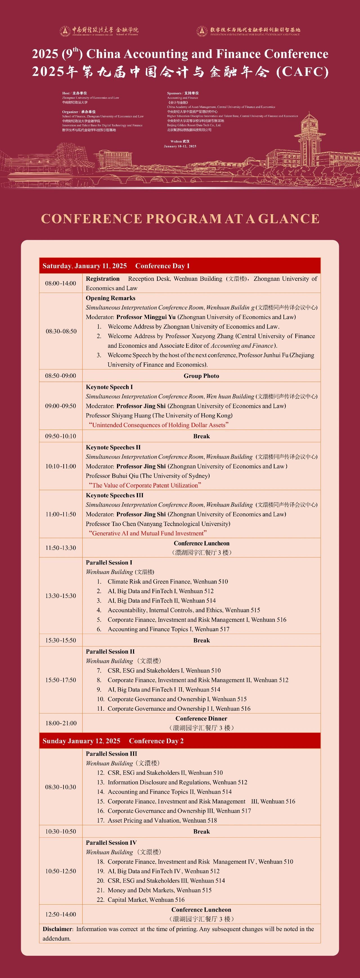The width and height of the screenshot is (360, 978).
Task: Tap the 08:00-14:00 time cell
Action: coord(61,283)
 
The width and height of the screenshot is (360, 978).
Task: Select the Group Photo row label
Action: coord(201,376)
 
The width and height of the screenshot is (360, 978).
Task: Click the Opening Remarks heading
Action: coord(111,298)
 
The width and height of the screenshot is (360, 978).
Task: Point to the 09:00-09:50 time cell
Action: coord(61,406)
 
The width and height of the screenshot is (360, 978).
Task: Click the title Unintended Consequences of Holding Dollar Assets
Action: coord(159,425)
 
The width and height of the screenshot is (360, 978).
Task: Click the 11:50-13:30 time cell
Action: coord(61,548)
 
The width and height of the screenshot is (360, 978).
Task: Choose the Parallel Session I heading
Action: coord(109,562)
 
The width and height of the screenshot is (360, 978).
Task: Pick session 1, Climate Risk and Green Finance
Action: coord(167,581)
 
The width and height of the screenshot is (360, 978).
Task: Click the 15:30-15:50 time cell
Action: coord(61,640)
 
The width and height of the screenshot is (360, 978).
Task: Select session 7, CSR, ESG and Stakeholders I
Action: coord(164,670)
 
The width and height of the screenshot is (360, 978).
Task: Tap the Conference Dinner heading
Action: coord(201,718)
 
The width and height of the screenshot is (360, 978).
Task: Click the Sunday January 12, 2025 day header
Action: coord(81,741)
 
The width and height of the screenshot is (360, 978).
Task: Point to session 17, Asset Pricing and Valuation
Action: coord(162,820)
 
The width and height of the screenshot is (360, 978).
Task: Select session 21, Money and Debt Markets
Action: coord(159,890)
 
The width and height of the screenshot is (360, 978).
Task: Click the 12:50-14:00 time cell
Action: coord(61,914)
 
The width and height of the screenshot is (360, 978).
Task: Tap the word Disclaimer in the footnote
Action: coord(57,929)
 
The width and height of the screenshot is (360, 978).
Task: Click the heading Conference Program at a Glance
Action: coord(180,219)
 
